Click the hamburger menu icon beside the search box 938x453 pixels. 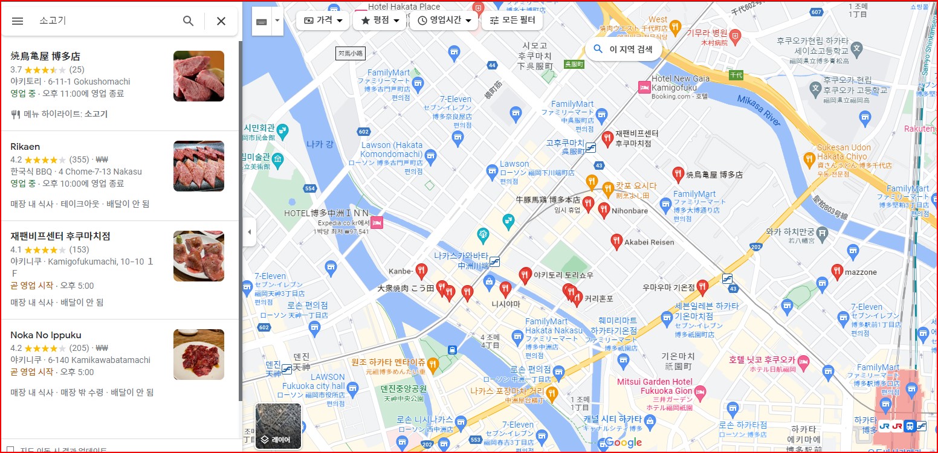point(18,21)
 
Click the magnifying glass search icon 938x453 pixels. point(189,21)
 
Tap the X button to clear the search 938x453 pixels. point(221,21)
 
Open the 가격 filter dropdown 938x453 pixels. point(323,20)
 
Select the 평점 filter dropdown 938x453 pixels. point(380,20)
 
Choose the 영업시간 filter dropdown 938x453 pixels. point(444,20)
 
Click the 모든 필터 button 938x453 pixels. point(513,20)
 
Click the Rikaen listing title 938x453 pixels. point(25,147)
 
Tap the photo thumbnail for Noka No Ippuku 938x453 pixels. point(198,355)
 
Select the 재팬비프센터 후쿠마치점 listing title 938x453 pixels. point(60,236)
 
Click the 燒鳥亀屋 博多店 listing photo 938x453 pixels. point(198,76)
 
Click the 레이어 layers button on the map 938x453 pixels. point(278,426)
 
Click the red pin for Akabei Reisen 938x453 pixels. point(616,241)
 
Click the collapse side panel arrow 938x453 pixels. point(249,233)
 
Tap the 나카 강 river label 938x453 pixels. point(320,144)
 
